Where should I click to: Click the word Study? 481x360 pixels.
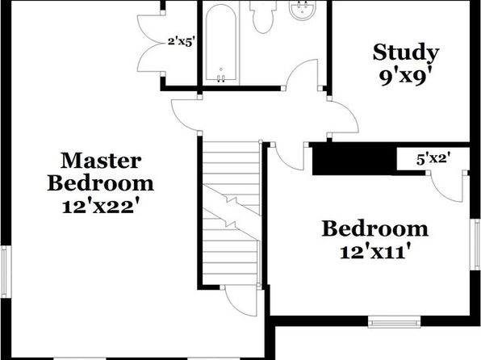pos(406,53)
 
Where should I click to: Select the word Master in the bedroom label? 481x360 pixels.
pos(101,161)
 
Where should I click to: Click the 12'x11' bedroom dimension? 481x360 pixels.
pos(375,252)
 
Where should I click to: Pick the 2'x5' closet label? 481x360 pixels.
pos(182,41)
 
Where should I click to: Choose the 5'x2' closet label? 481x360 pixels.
pos(433,159)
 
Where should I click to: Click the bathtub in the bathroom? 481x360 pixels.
pos(221,43)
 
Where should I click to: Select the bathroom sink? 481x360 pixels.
pos(302,10)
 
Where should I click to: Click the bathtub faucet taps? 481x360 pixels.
pos(221,78)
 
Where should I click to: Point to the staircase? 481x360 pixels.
pos(232,213)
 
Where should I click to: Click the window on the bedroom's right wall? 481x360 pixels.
pos(477,245)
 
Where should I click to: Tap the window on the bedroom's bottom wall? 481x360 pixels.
pos(394,322)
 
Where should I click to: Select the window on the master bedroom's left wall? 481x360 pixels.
pos(5,271)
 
